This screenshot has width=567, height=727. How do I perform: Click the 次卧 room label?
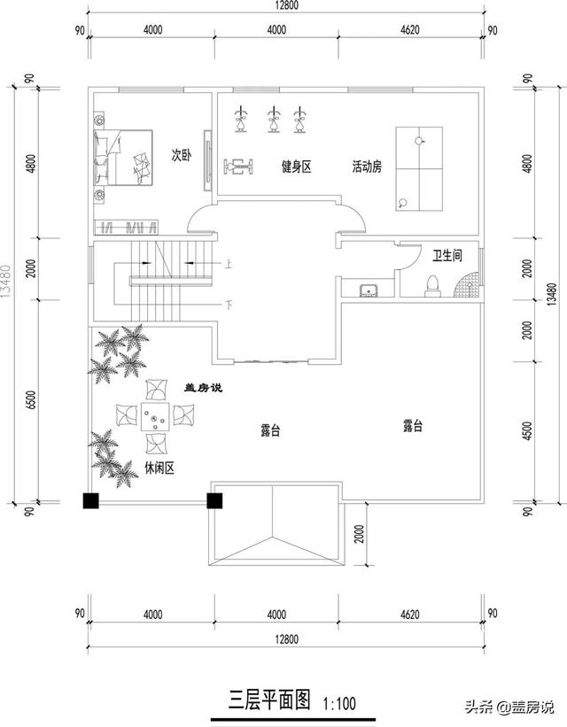click(x=181, y=155)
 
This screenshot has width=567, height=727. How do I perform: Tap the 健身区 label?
click(x=296, y=166)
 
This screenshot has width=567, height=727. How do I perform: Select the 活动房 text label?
click(x=366, y=166)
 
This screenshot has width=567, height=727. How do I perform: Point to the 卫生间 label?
click(x=447, y=256)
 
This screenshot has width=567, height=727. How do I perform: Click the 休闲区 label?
click(x=159, y=468)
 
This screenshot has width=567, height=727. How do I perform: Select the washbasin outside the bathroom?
click(x=369, y=289)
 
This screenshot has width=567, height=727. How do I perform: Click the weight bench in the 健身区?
click(x=239, y=165)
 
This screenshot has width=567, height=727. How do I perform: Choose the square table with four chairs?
click(x=155, y=417)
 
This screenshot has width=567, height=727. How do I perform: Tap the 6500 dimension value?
click(x=32, y=400)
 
